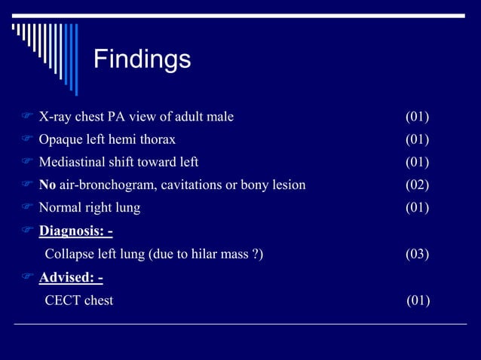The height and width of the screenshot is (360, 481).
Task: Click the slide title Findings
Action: point(142,59)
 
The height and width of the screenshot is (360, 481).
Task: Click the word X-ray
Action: point(55,117)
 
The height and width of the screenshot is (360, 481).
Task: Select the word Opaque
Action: point(60,139)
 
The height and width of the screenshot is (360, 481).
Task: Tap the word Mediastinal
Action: point(72,162)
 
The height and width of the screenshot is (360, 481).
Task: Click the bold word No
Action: point(47,185)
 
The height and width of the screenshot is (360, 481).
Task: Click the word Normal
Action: point(60,207)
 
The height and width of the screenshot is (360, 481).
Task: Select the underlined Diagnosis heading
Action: point(75,230)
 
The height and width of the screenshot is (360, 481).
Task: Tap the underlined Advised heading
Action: point(71,278)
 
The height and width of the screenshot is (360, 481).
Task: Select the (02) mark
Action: point(417,185)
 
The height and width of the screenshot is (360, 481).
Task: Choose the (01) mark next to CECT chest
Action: point(418,301)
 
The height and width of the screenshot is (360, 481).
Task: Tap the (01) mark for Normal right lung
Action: point(417,207)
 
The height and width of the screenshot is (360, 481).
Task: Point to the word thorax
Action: point(159,139)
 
